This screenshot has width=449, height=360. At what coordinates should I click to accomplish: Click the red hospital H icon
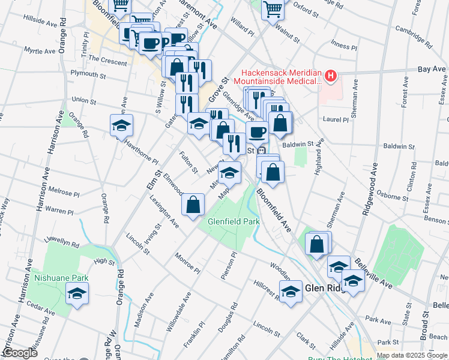330,76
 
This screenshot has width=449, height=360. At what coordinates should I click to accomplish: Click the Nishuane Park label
61,278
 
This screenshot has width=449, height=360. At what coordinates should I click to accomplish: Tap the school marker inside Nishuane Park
77,294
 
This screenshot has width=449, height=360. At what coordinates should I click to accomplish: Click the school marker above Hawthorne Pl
121,126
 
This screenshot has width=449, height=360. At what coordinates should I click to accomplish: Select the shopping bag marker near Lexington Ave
193,205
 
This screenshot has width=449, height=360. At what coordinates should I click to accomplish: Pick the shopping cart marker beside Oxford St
273,9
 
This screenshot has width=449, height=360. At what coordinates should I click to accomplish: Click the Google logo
20,353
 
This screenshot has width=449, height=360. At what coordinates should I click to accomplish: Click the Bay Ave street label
432,70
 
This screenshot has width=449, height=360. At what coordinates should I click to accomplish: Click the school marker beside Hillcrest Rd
291,292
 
